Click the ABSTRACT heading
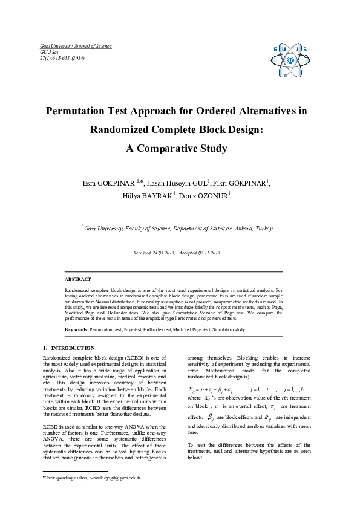pyautogui.click(x=78, y=279)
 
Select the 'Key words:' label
pyautogui.click(x=76, y=330)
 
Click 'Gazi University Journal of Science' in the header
pyautogui.click(x=75, y=47)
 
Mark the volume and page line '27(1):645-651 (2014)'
pyautogui.click(x=62, y=59)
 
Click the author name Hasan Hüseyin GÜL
pyautogui.click(x=180, y=184)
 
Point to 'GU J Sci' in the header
pyautogui.click(x=48, y=53)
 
